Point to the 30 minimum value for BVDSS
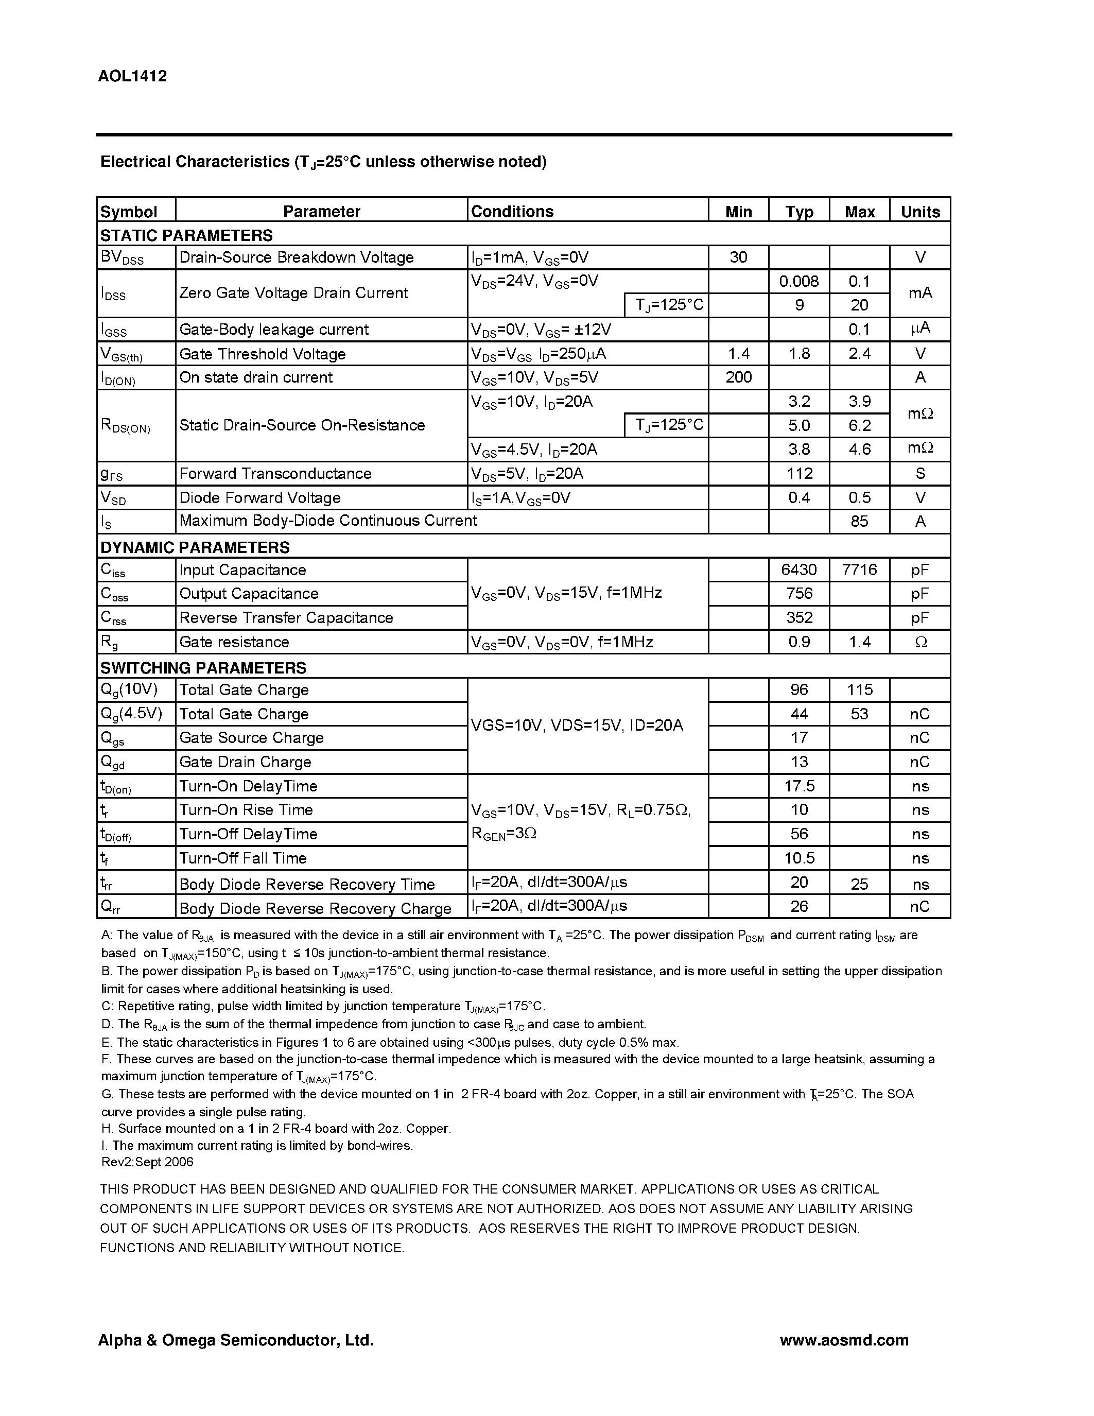738,257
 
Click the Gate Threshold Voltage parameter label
262,354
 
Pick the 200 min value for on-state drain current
738,377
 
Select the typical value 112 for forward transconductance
799,473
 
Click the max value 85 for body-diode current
859,521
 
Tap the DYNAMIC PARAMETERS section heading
195,547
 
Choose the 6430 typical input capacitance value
799,570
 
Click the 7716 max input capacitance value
859,570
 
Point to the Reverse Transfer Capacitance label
286,618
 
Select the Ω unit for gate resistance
919,642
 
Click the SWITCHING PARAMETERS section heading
203,668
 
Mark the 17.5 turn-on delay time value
799,786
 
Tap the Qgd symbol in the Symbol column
112,763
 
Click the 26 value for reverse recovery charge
799,906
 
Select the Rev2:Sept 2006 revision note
147,1162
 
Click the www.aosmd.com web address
843,1340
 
